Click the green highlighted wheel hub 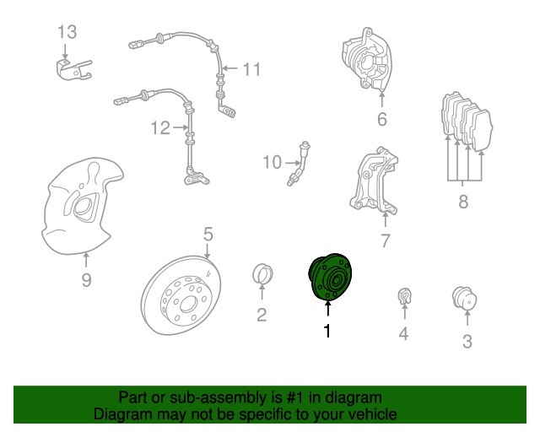tap(330, 277)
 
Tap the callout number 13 tap(67, 32)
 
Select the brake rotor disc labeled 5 tap(181, 295)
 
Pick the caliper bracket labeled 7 tap(375, 182)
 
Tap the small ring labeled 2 tap(262, 274)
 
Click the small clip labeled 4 tap(404, 296)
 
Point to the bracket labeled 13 tap(73, 69)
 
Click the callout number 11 tap(252, 69)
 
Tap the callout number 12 tap(160, 127)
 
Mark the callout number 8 tap(463, 201)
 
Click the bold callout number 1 tap(327, 331)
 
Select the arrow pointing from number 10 tap(293, 163)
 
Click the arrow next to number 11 tap(230, 68)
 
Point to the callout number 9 tap(86, 280)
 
